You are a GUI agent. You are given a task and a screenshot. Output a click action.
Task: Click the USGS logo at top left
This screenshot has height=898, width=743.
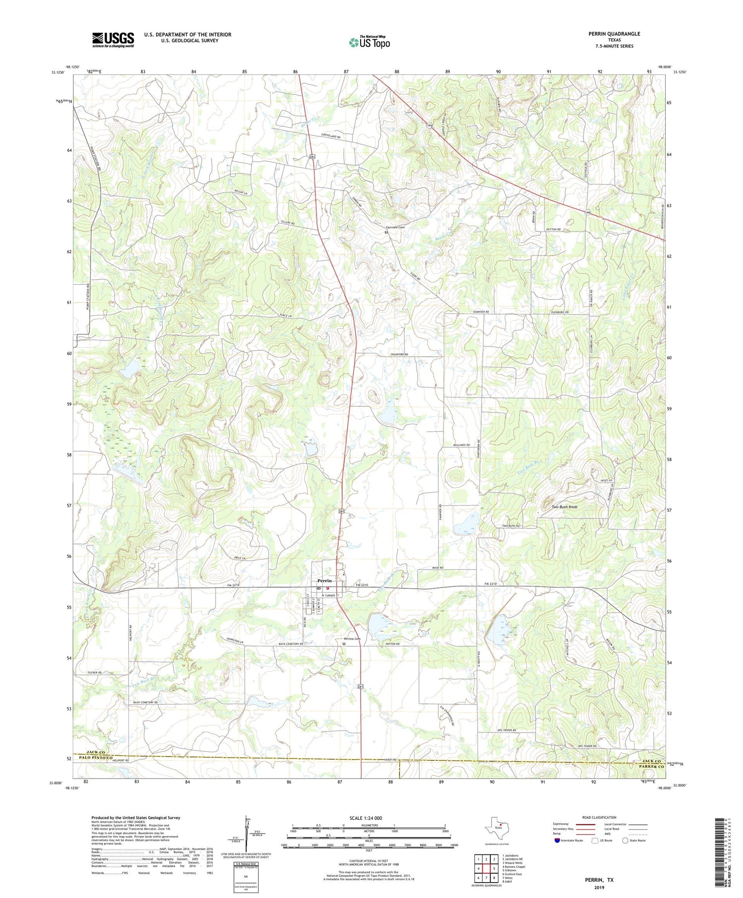(113, 40)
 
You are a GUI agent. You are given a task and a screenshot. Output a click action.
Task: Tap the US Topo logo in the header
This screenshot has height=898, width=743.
(369, 42)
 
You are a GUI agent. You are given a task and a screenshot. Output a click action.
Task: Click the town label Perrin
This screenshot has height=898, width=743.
(324, 581)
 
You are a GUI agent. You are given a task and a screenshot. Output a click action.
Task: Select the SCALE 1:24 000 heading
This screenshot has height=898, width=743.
(366, 818)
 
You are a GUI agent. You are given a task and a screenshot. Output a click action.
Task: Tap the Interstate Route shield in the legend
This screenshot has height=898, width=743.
(557, 840)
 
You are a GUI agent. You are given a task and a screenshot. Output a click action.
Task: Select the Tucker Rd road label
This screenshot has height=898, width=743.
(94, 673)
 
